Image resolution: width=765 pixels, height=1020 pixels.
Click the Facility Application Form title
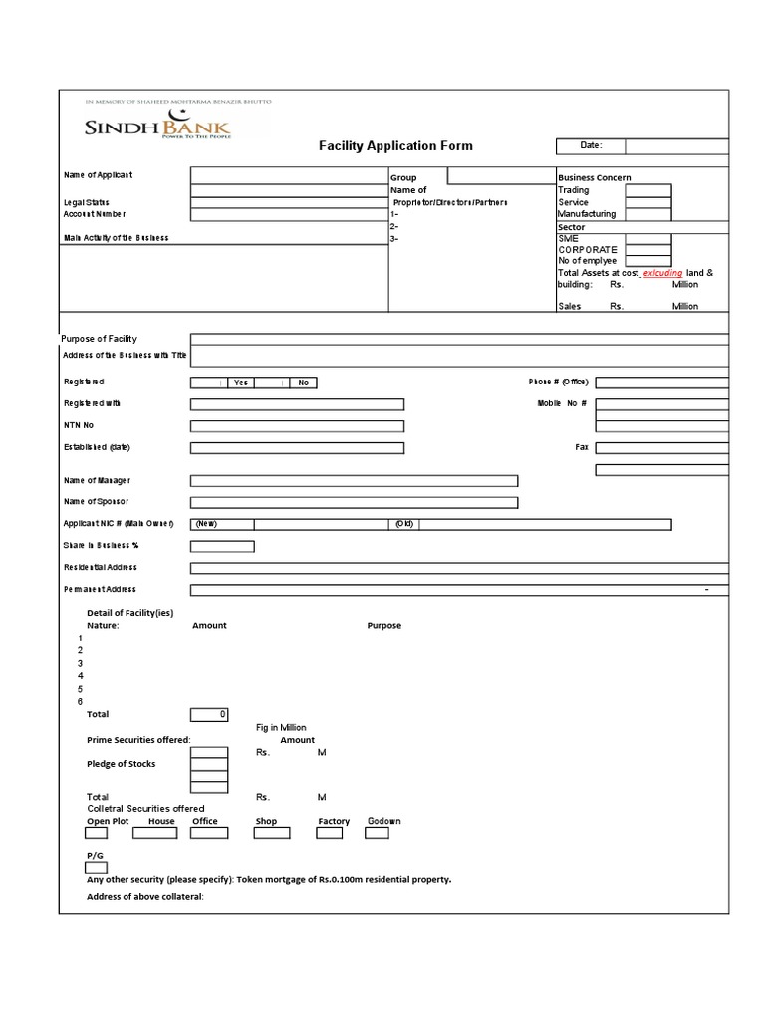pos(395,146)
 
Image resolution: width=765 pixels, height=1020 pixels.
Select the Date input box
pos(677,146)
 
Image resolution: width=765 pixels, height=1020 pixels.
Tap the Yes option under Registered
pos(240,382)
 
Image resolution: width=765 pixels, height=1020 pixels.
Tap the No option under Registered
pos(303,382)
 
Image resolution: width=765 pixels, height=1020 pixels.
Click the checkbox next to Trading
pos(647,190)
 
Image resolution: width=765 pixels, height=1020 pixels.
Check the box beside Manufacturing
pos(647,214)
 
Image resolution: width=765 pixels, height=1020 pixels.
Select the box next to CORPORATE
pos(647,250)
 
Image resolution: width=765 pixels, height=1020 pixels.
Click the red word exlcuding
pos(662,273)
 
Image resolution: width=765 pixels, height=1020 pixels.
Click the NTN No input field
pos(297,426)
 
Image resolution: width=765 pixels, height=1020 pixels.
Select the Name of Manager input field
pos(354,481)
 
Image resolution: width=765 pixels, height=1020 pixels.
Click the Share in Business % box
pos(222,546)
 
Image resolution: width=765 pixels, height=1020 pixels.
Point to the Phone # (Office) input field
pos(662,382)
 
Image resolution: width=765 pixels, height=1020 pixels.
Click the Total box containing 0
pos(209,715)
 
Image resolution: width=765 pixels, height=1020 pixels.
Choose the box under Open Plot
pos(109,834)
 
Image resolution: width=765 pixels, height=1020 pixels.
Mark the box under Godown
pos(384,834)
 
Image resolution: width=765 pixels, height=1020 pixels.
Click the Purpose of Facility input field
pos(459,340)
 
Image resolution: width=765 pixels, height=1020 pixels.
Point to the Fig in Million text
pos(282,728)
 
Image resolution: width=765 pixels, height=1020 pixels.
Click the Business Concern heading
pos(594,178)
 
